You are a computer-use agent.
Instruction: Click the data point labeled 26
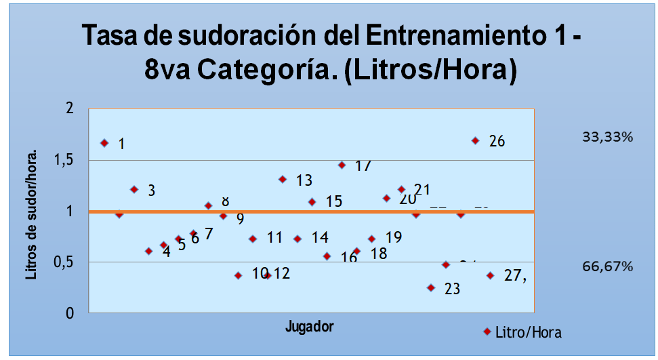(x=476, y=140)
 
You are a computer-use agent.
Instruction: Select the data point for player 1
(x=104, y=143)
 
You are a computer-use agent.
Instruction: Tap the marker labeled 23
(x=431, y=287)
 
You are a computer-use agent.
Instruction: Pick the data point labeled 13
(x=283, y=179)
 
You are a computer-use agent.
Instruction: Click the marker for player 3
(x=134, y=189)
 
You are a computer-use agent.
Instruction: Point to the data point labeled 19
(x=371, y=239)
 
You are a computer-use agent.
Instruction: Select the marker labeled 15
(x=312, y=202)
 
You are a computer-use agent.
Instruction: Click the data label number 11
(x=274, y=238)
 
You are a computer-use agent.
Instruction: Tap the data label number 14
(x=321, y=238)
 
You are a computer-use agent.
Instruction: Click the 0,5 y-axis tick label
(x=68, y=262)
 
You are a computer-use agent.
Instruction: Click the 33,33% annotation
(x=607, y=138)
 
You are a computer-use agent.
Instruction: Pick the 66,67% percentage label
(x=607, y=266)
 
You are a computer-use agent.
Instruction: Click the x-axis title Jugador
(x=309, y=327)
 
